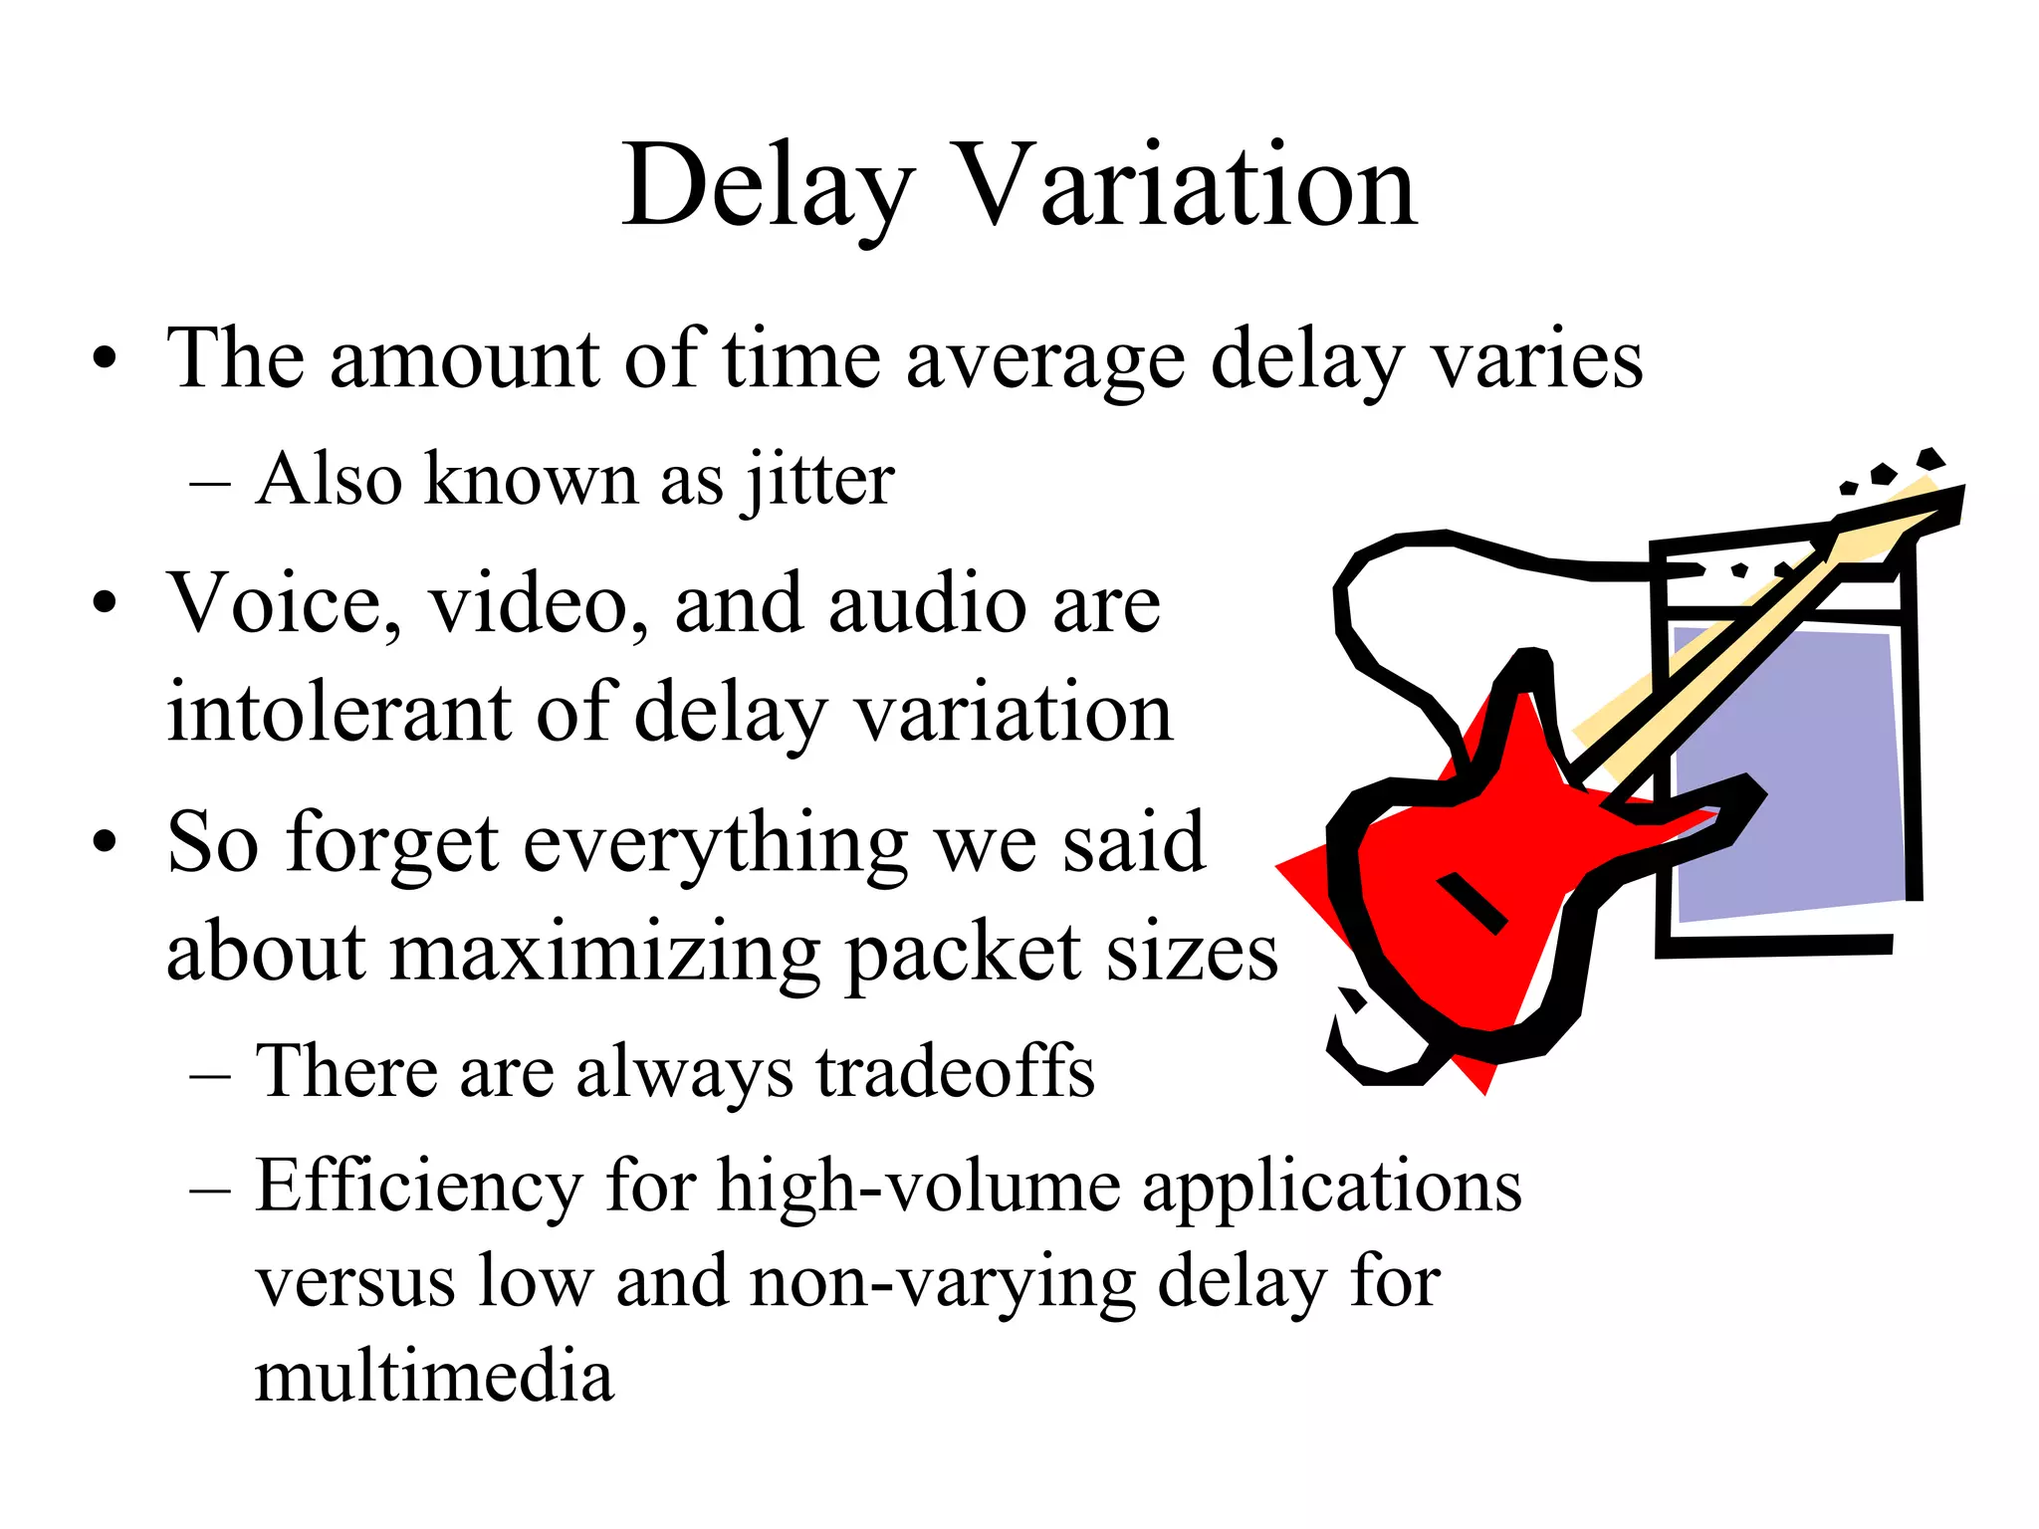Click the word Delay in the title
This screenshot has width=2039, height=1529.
(768, 187)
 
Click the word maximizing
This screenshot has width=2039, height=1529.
(606, 953)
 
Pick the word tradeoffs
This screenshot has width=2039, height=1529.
(956, 1072)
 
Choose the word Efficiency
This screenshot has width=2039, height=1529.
(419, 1187)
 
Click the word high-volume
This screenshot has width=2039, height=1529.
(919, 1187)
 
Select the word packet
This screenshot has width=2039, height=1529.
(962, 953)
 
